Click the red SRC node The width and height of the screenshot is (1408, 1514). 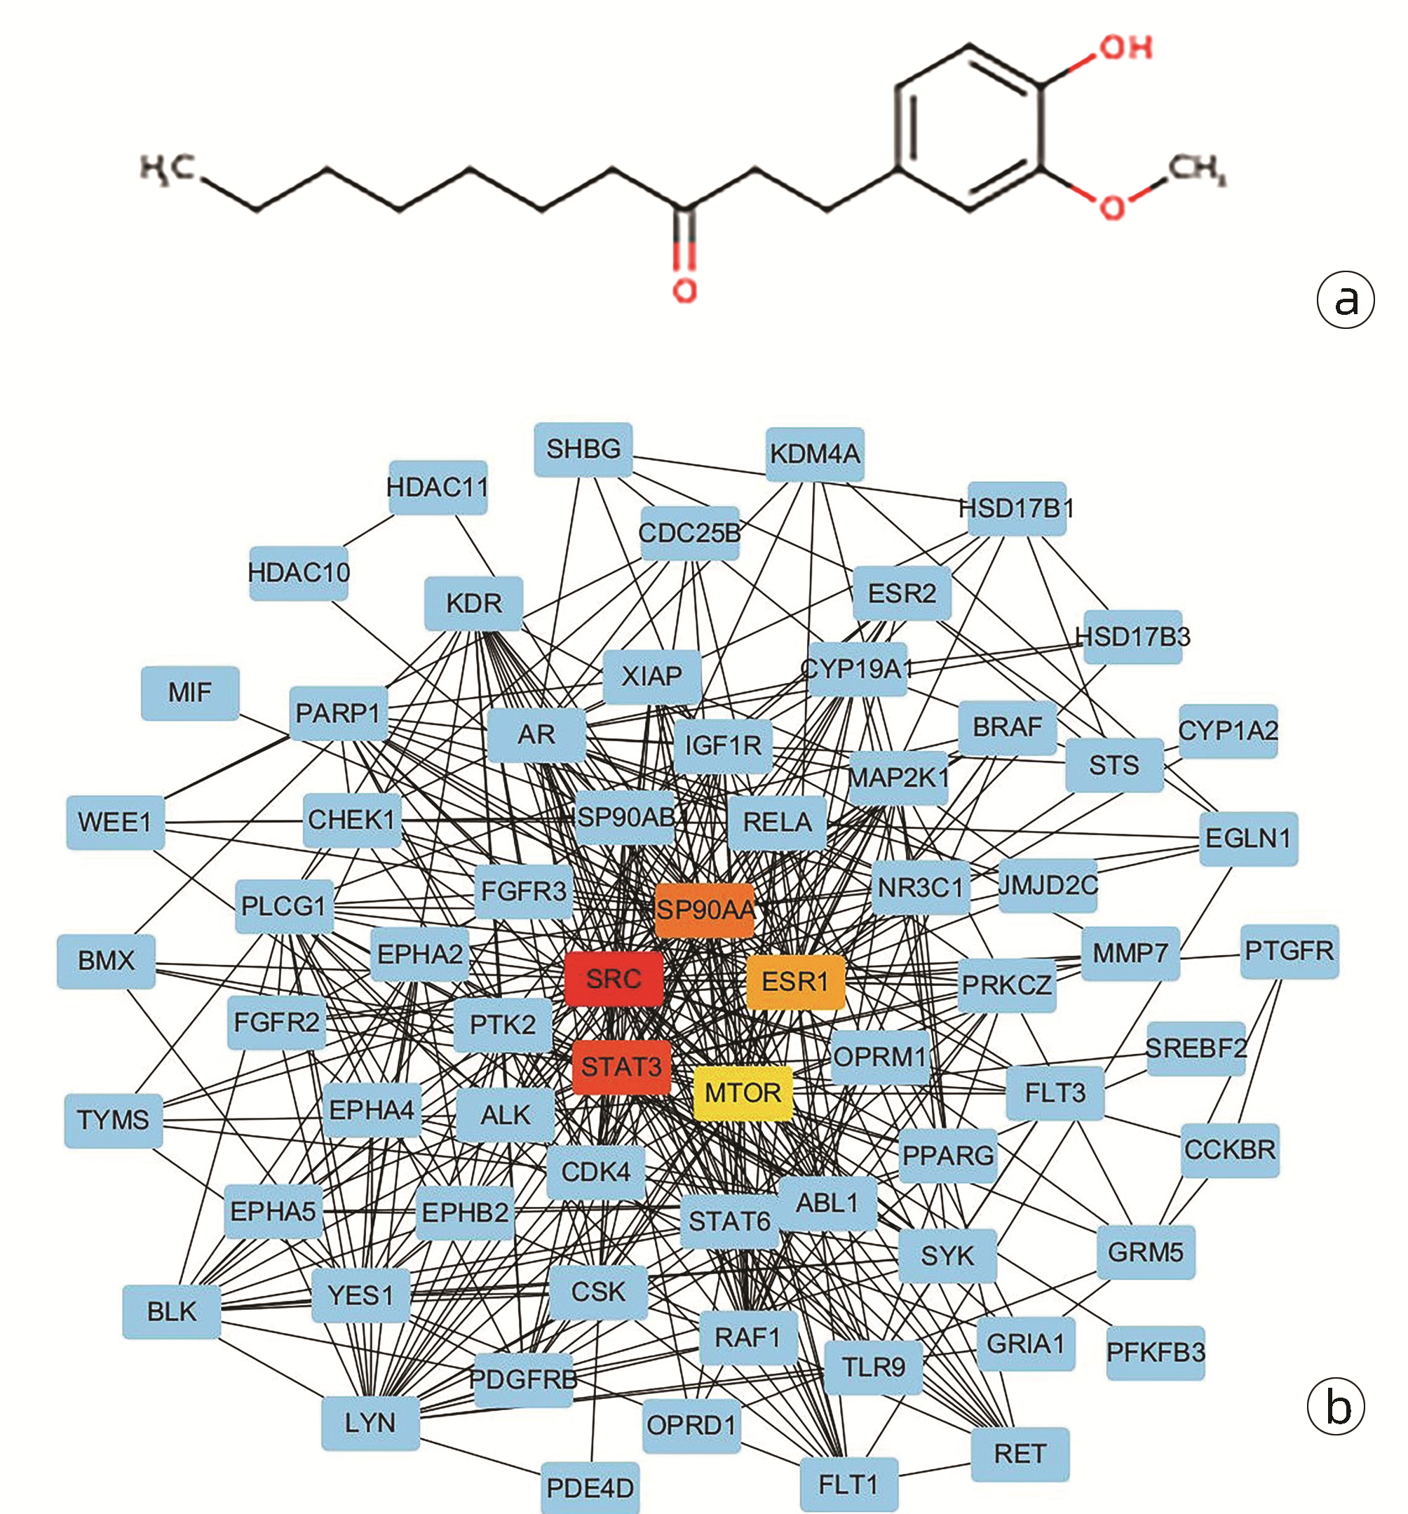614,979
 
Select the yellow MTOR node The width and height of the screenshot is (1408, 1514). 743,1093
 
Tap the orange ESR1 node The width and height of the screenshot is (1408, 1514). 795,982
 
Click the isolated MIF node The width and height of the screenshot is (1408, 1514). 189,692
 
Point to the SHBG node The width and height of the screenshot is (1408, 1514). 583,450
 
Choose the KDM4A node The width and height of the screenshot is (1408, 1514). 814,454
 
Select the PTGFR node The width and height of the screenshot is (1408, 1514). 1288,951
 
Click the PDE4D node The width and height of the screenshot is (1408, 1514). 590,1487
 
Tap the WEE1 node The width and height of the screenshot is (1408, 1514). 115,823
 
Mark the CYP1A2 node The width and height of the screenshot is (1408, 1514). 1228,730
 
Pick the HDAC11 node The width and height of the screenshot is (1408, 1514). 437,487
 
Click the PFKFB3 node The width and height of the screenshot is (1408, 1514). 1155,1353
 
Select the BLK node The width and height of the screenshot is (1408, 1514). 171,1311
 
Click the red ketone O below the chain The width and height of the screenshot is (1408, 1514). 684,290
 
